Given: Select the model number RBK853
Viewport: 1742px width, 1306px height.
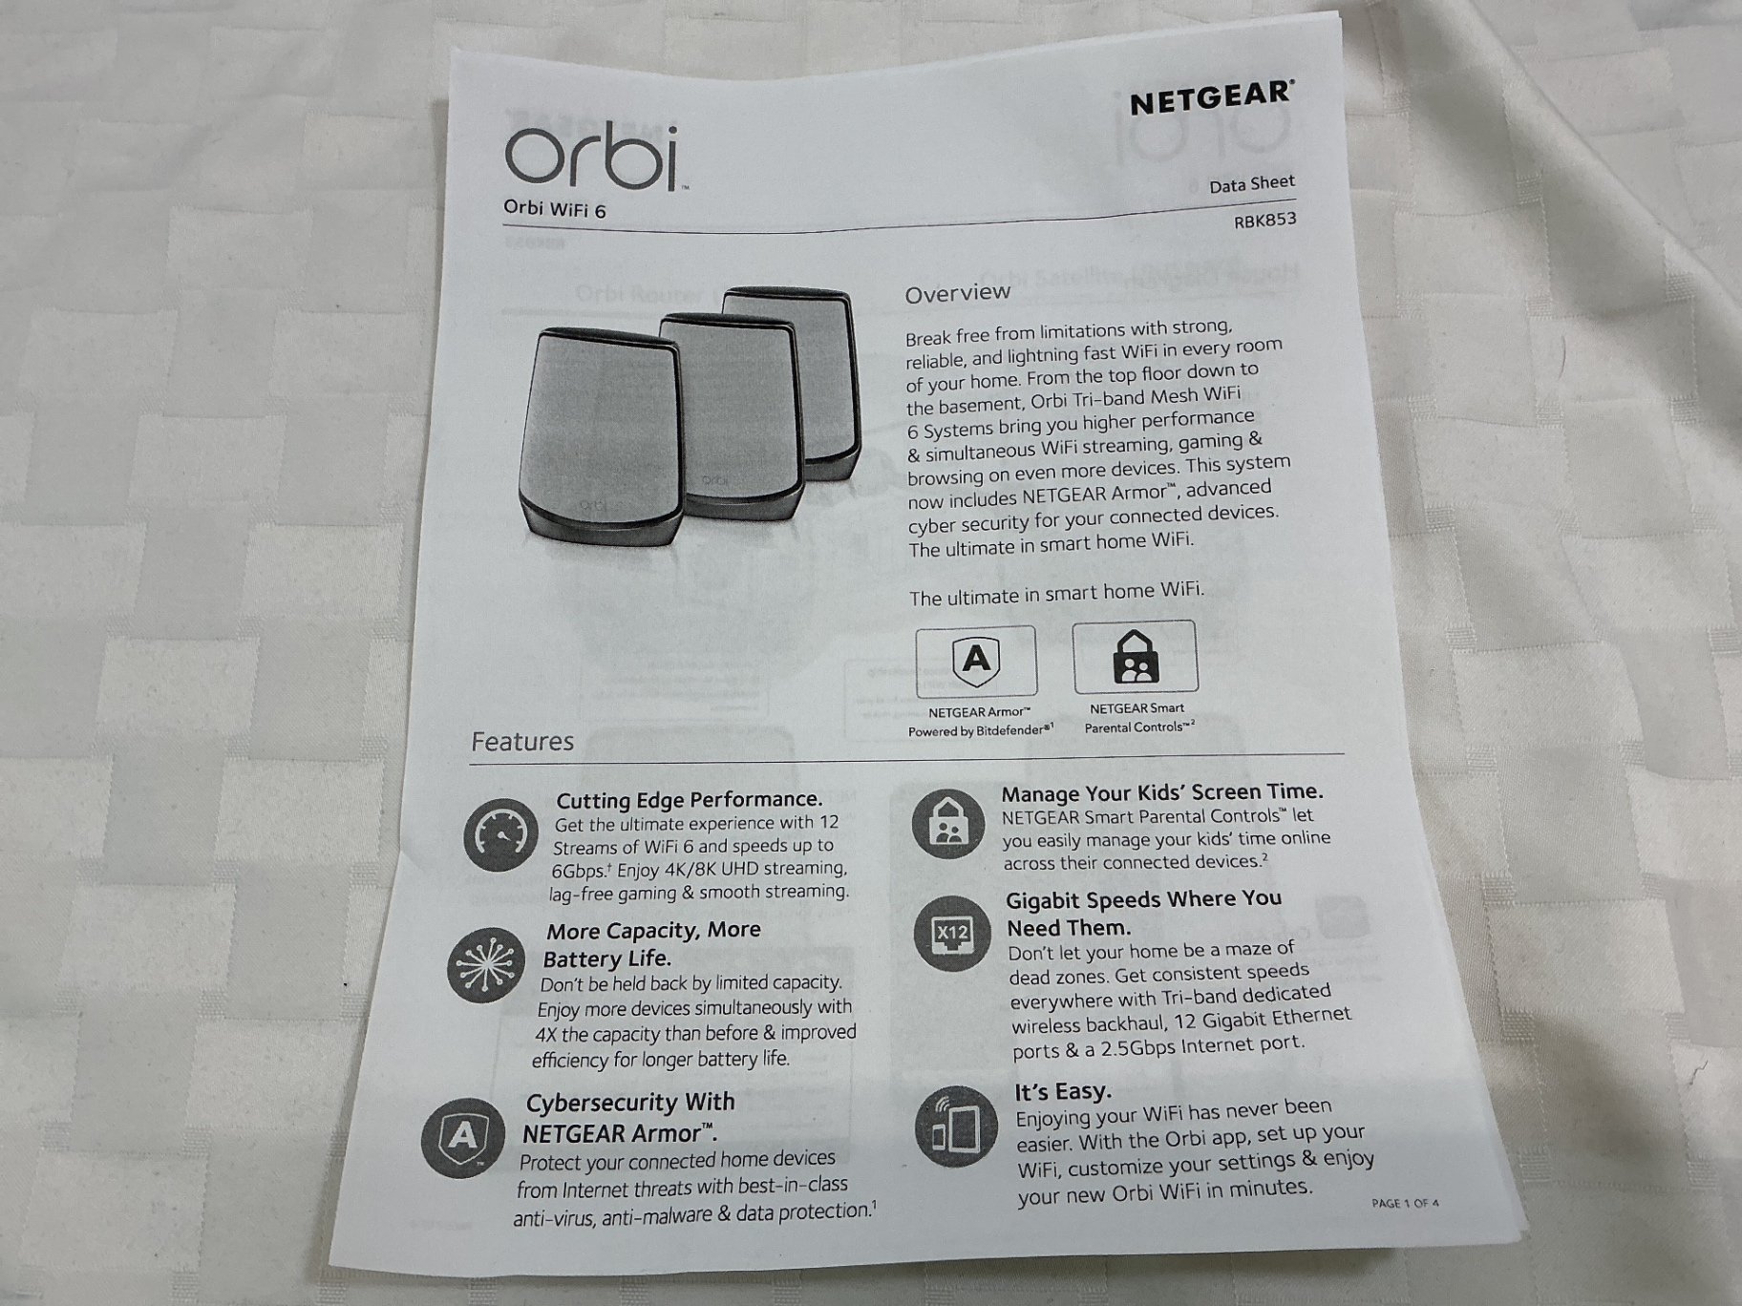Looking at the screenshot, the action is coord(1264,220).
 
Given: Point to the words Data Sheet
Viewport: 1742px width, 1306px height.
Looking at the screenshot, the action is coord(1251,183).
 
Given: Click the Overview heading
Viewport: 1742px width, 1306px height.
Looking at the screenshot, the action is coord(957,293).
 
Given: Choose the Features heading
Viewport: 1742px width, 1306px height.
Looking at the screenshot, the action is coord(522,742).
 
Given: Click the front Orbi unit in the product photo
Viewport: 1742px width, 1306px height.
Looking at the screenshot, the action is coord(601,435).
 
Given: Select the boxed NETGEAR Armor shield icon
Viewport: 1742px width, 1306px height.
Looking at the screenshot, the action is coord(975,661).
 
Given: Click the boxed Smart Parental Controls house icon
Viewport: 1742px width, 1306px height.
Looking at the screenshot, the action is coord(1136,657).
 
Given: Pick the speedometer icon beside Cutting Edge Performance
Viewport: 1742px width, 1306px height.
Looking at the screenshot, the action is coord(501,836).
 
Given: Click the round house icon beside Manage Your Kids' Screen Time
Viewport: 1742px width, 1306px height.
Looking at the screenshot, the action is coord(946,824).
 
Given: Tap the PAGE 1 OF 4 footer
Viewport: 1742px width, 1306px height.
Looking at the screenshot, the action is coord(1405,1203).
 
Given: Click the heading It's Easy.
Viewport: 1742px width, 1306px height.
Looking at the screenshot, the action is coord(1062,1091).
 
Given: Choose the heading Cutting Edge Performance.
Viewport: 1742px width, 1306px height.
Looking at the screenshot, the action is coord(690,800).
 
